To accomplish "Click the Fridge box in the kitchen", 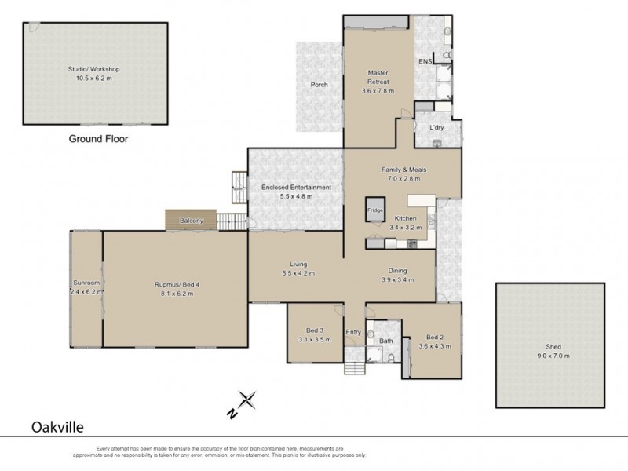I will (x=374, y=210).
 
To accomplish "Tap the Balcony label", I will (x=191, y=221).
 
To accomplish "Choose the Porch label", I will (x=319, y=85).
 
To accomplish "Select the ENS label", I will (x=425, y=60).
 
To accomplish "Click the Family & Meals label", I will (x=404, y=169).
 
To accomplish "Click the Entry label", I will (x=353, y=333).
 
